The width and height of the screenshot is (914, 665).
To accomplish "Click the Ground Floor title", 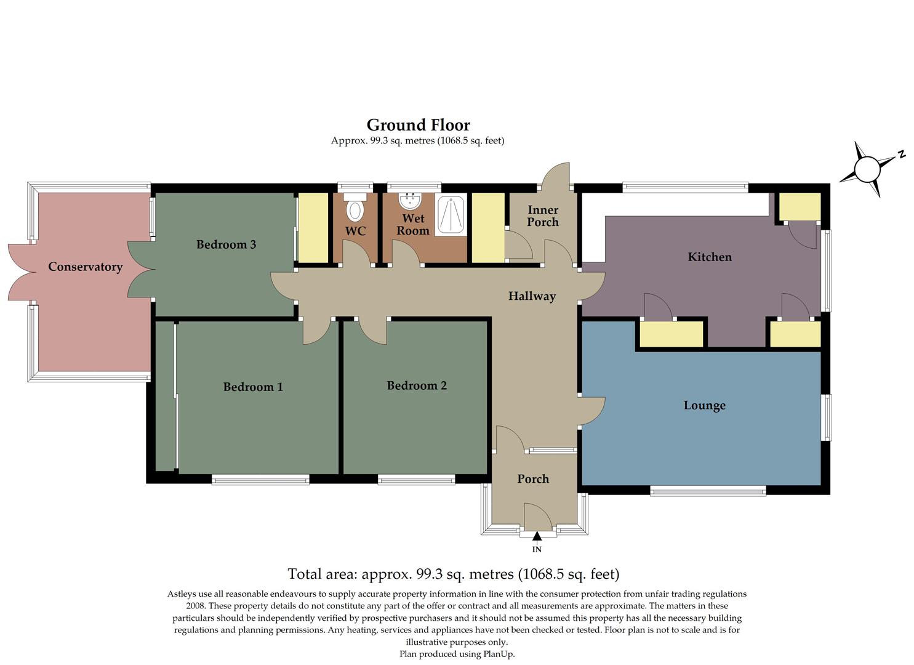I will pyautogui.click(x=418, y=125).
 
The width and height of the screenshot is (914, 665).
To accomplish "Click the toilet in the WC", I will pyautogui.click(x=355, y=209).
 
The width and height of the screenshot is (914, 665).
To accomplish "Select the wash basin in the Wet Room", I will pyautogui.click(x=410, y=201).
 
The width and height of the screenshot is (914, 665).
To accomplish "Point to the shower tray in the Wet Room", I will pyautogui.click(x=451, y=215).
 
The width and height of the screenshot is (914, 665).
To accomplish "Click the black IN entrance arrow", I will pyautogui.click(x=537, y=538).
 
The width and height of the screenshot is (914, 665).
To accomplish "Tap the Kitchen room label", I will pyautogui.click(x=710, y=257).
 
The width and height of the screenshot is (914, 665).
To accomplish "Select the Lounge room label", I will pyautogui.click(x=704, y=405).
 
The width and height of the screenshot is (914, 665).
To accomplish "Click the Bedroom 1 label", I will pyautogui.click(x=253, y=387).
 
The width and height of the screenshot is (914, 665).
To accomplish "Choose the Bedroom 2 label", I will pyautogui.click(x=417, y=385).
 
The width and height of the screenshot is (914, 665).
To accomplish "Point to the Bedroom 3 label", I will pyautogui.click(x=226, y=244).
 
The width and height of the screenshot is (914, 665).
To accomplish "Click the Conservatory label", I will pyautogui.click(x=85, y=267).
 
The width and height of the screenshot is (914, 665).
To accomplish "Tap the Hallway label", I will pyautogui.click(x=532, y=296).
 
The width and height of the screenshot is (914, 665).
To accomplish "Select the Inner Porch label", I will pyautogui.click(x=543, y=216).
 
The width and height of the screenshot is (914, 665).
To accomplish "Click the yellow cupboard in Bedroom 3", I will pyautogui.click(x=313, y=227).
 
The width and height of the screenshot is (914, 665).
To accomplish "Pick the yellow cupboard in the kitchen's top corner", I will pyautogui.click(x=800, y=206).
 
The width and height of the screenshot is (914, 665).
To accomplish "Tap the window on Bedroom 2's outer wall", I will pyautogui.click(x=417, y=480).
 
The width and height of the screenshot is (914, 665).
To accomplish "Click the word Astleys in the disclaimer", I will pyautogui.click(x=183, y=594).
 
